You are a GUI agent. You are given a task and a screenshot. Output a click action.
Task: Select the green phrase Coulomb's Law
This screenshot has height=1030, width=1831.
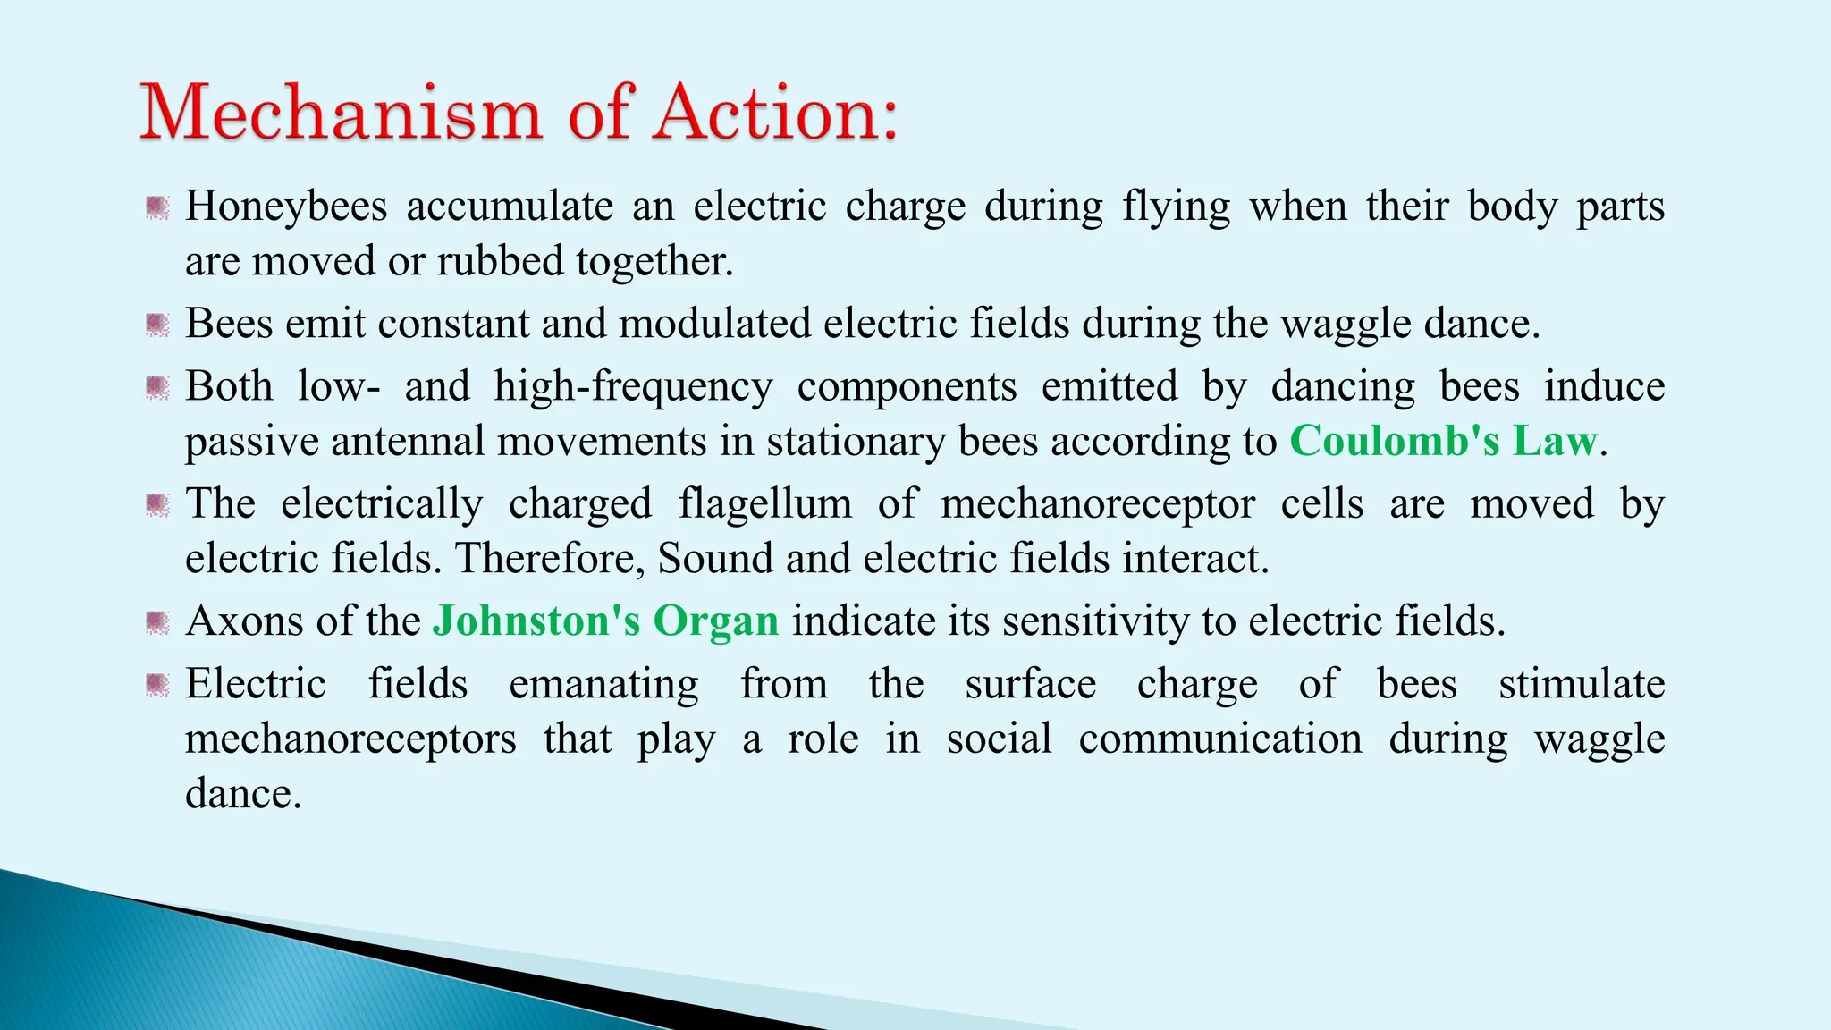(x=1443, y=442)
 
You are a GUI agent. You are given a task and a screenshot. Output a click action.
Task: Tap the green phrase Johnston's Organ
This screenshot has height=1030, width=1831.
(x=605, y=621)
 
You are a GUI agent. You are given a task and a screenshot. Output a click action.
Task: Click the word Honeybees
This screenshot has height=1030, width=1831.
(x=286, y=207)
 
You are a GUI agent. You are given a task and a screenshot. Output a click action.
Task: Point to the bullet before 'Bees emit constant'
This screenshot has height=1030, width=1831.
(x=157, y=324)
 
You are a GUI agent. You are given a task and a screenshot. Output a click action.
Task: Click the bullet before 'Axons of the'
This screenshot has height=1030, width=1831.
(x=157, y=621)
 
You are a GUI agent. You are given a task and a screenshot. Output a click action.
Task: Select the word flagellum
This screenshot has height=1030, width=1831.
(x=764, y=504)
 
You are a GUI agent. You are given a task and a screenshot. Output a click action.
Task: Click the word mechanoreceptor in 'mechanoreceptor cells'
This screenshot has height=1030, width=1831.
(x=1097, y=504)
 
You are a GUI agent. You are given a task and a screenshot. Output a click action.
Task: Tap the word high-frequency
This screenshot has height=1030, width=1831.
(x=633, y=387)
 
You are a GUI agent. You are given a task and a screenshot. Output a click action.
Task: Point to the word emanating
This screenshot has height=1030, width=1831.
(x=603, y=685)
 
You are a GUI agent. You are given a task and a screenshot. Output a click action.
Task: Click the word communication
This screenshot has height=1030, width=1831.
(x=1219, y=739)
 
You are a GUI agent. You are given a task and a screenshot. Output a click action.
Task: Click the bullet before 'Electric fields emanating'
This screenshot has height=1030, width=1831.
(x=157, y=685)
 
